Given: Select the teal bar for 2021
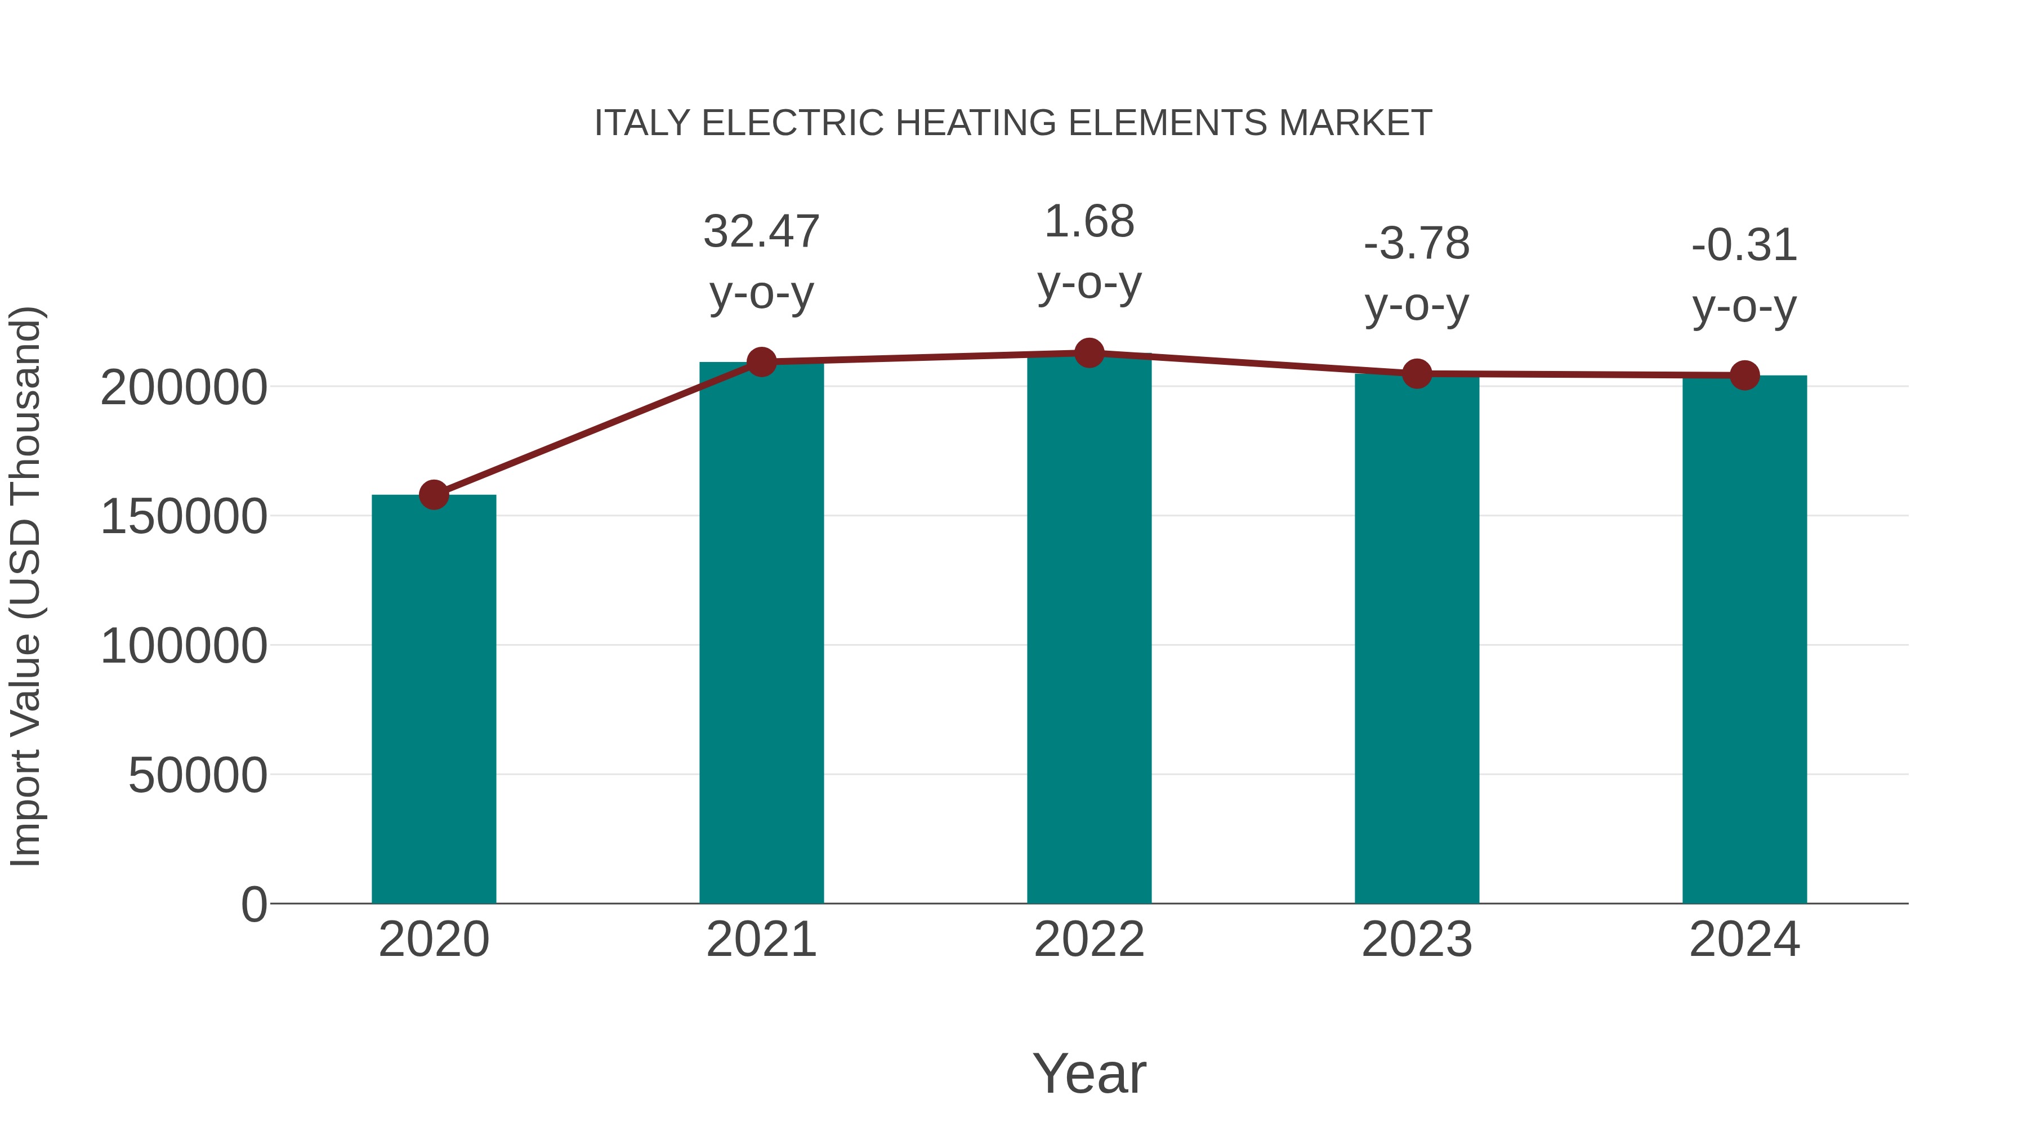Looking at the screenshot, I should point(761,633).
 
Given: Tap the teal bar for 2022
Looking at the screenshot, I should point(1089,629).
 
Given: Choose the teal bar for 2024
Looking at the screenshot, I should point(1744,639).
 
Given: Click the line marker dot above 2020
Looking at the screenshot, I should point(434,495).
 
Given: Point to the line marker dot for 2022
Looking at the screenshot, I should point(1089,353).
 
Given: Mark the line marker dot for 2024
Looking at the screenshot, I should point(1744,375).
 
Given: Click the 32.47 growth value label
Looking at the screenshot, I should point(761,231).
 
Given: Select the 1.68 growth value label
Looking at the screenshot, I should point(1089,221).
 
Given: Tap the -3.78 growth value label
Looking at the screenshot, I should point(1417,243).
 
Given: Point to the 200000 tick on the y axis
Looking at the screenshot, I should point(184,387).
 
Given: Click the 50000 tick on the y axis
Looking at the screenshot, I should point(198,775).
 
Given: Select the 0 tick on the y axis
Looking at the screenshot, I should point(254,904).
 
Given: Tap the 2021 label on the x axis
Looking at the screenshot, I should point(761,940).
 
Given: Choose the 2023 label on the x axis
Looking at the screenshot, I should point(1417,940).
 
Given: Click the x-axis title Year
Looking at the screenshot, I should point(1089,1073).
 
